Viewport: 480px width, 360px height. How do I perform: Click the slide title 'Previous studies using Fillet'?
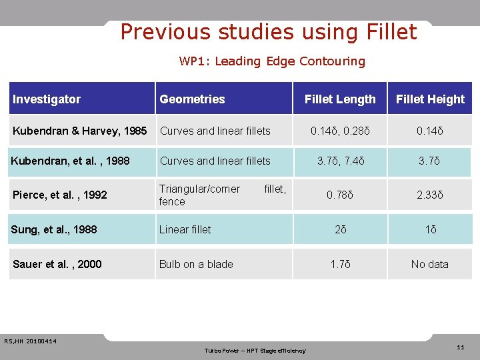point(269,32)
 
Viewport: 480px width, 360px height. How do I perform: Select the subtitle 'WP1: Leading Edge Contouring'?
point(272,61)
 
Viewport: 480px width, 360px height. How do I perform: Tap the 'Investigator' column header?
point(47,99)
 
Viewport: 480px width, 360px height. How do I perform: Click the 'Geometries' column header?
point(192,99)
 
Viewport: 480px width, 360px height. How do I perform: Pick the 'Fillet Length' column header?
point(340,99)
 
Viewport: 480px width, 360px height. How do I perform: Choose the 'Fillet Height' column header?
point(430,99)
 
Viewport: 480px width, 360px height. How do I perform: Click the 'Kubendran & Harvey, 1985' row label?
point(80,131)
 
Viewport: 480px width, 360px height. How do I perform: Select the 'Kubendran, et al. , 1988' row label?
point(71,161)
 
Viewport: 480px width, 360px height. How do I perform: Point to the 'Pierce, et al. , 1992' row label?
point(60,195)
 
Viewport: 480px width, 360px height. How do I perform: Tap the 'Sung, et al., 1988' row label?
point(54,229)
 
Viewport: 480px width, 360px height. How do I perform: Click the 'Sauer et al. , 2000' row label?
point(57,264)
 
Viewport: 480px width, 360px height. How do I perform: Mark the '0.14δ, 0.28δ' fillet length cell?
point(340,131)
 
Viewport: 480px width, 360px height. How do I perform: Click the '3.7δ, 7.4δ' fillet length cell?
point(340,161)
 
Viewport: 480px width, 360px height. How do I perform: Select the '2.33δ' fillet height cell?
point(430,195)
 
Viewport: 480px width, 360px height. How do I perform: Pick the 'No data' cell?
point(430,264)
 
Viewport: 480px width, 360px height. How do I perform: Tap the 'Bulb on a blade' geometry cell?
point(196,264)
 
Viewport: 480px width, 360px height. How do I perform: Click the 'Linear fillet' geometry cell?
point(185,229)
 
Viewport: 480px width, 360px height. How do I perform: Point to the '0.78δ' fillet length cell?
point(340,195)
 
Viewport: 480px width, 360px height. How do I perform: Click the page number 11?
point(461,347)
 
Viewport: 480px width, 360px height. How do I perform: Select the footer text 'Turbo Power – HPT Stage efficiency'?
point(255,351)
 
